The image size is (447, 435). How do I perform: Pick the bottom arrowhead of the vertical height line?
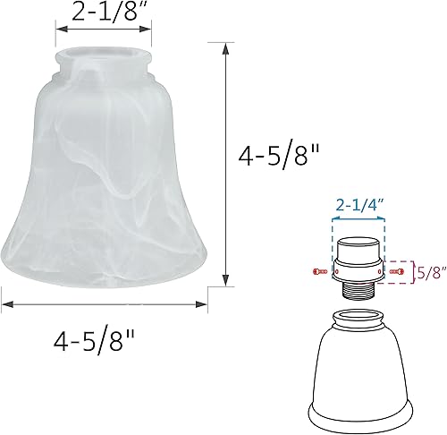(x=223, y=280)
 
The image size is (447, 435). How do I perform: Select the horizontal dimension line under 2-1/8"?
(x=101, y=28)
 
